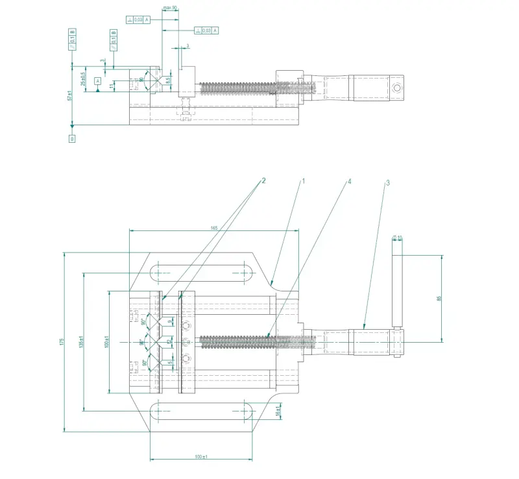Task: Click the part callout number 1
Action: (x=302, y=182)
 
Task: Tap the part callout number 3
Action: (x=387, y=183)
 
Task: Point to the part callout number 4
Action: (x=349, y=182)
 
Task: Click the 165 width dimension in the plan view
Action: (x=213, y=228)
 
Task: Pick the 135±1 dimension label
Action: (x=81, y=342)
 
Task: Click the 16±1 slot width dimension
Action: (x=278, y=411)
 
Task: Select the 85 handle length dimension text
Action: (x=439, y=299)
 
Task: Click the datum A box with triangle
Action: (x=97, y=81)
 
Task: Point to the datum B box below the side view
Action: (x=72, y=138)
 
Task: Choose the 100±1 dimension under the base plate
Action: (x=200, y=458)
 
